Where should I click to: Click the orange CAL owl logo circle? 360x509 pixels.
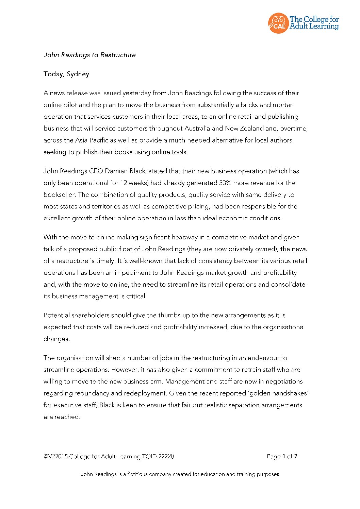point(278,23)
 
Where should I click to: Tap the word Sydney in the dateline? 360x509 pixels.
point(78,74)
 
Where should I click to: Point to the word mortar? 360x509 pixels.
point(282,105)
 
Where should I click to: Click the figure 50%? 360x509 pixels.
point(225,183)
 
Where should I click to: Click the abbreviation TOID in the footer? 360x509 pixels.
point(149,457)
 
